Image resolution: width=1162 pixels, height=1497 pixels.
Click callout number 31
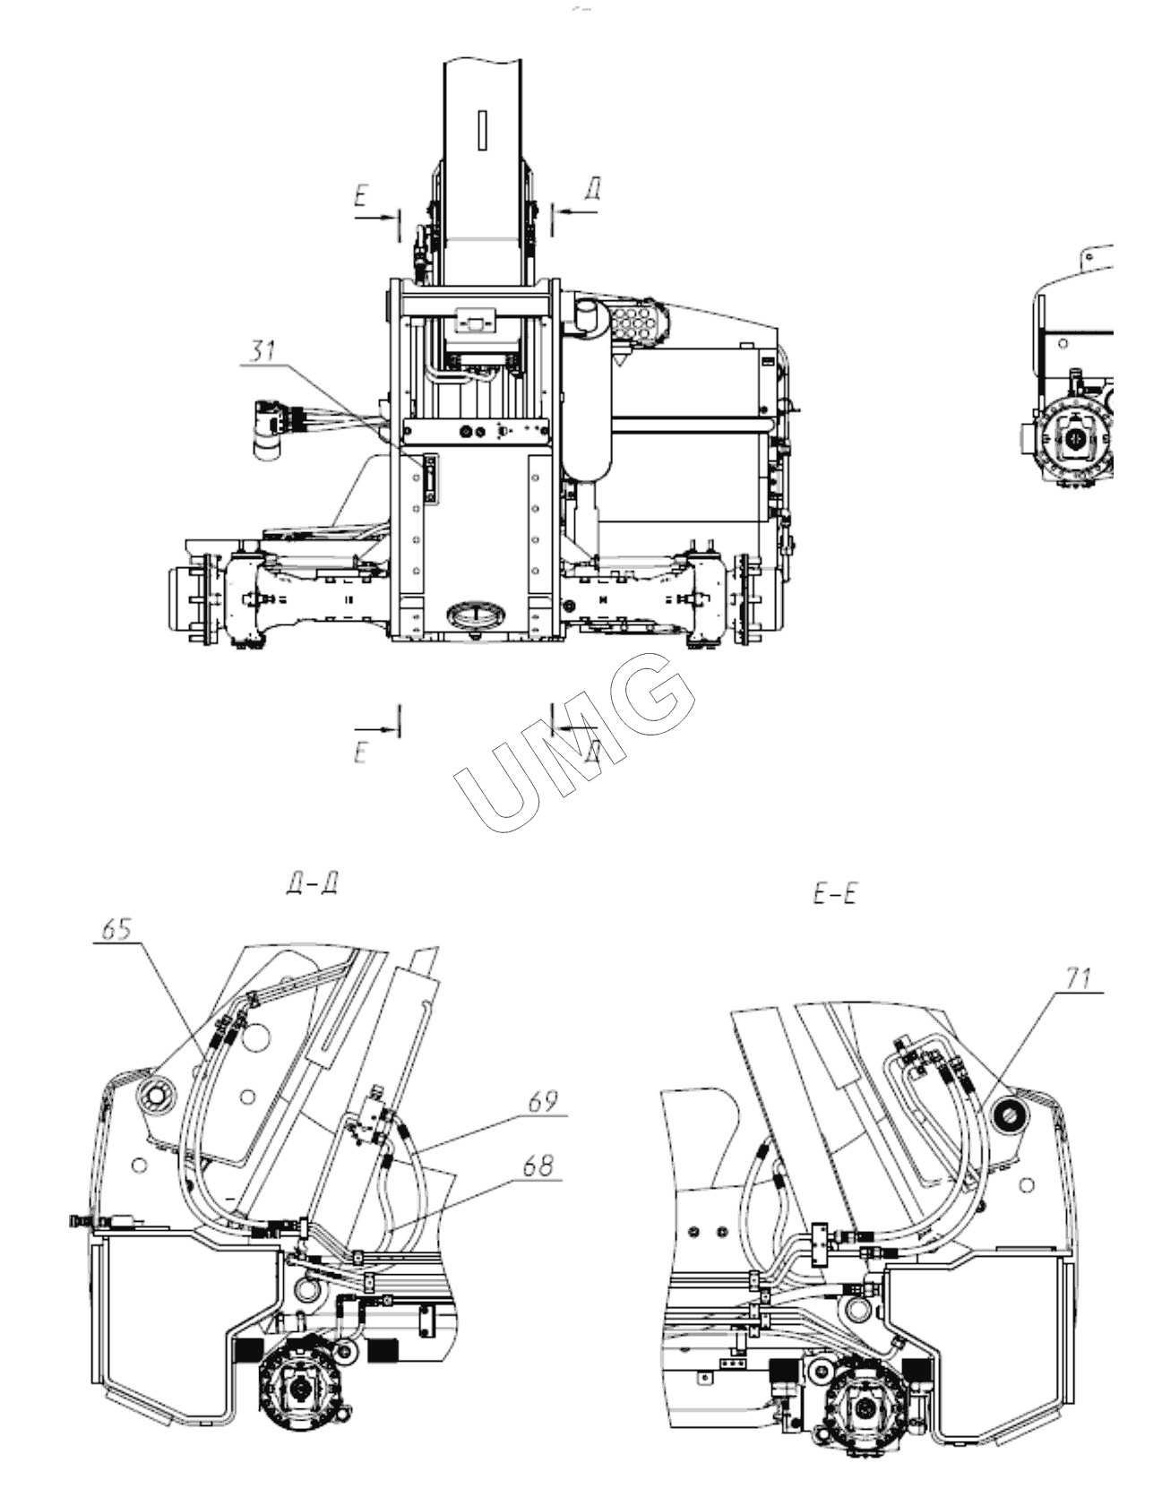(262, 351)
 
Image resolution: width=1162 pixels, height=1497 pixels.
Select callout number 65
(116, 929)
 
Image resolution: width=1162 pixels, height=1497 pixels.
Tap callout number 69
(542, 1100)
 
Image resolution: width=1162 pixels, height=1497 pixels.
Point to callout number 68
(538, 1166)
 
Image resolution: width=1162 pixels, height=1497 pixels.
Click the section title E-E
(835, 893)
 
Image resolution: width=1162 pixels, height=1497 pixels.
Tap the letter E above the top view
(361, 196)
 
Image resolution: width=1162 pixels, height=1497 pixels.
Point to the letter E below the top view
(361, 753)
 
